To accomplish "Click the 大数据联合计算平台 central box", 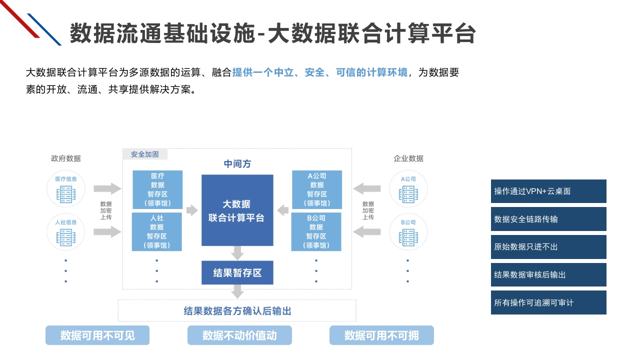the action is coord(237,210).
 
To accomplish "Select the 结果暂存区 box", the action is coord(237,272).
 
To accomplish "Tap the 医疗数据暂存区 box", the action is coord(157,189).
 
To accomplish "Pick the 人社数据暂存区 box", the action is coord(156,231).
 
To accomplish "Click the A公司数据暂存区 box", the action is coord(317,189).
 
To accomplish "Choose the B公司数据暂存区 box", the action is coord(316,231).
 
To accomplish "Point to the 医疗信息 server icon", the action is coord(65,194).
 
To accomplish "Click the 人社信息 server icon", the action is coord(65,237).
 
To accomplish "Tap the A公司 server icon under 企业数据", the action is coord(408,194).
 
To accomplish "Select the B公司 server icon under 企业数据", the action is coord(408,237).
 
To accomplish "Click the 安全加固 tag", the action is coord(145,154).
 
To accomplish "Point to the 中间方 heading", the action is coord(237,163).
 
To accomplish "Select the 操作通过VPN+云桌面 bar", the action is coord(548,191).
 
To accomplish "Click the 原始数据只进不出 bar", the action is coord(548,247).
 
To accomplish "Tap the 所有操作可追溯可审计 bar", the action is coord(548,302).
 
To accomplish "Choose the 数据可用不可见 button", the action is coord(97,335).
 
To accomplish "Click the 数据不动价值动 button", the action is coord(239,335).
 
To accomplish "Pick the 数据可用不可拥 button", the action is coord(381,335).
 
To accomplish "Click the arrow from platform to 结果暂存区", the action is coord(237,253).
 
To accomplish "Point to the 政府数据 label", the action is coord(65,158).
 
